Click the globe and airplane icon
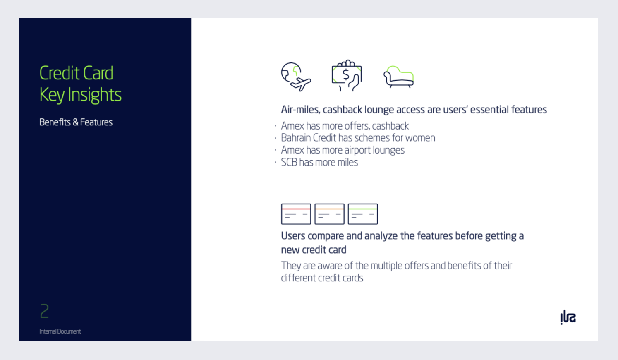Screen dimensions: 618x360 tap(296, 77)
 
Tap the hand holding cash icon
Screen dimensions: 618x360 tap(347, 75)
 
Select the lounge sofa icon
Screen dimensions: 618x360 tap(399, 77)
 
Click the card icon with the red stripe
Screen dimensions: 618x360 tap(296, 214)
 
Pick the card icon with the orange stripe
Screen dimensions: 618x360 tap(329, 214)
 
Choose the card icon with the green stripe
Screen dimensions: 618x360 tap(363, 214)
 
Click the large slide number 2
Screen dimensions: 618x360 tap(44, 311)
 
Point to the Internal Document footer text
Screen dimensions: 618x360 tap(60, 331)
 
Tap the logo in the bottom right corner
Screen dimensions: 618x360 tap(568, 317)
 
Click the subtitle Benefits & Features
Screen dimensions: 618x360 tap(76, 122)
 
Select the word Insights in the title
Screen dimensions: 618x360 tap(95, 95)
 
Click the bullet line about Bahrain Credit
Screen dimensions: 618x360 tap(358, 138)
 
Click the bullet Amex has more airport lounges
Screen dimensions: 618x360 tap(343, 150)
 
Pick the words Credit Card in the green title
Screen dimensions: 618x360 tap(76, 73)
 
